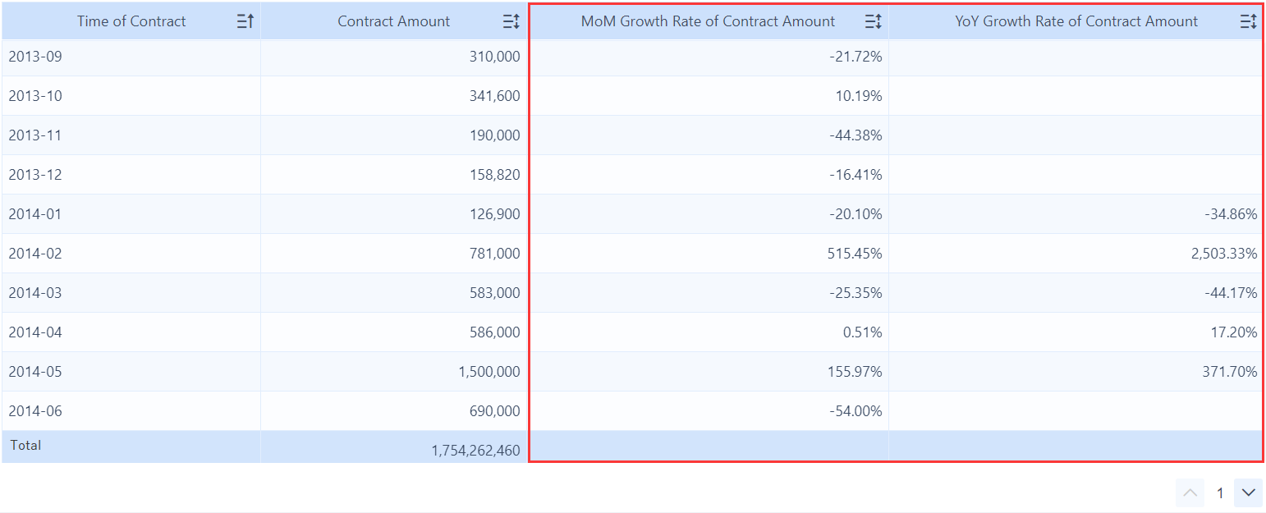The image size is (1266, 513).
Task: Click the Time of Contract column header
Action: click(131, 21)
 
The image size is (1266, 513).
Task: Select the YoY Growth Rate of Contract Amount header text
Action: click(1076, 21)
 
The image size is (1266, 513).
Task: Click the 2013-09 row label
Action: click(35, 57)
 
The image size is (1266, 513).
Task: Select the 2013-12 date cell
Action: click(35, 175)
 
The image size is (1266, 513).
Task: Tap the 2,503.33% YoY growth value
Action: click(1223, 254)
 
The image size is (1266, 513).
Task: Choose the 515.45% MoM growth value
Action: click(855, 254)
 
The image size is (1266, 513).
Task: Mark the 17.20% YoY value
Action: click(1234, 332)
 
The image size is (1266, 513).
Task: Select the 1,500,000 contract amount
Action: click(489, 372)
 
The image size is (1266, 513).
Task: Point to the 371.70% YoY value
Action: click(1231, 372)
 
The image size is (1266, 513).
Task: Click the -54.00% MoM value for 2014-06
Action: click(855, 411)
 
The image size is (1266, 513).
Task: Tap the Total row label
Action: click(25, 445)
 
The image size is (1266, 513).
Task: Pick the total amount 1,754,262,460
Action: click(475, 450)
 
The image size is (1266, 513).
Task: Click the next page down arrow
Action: click(1248, 492)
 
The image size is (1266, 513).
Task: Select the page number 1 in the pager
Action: click(1220, 492)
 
